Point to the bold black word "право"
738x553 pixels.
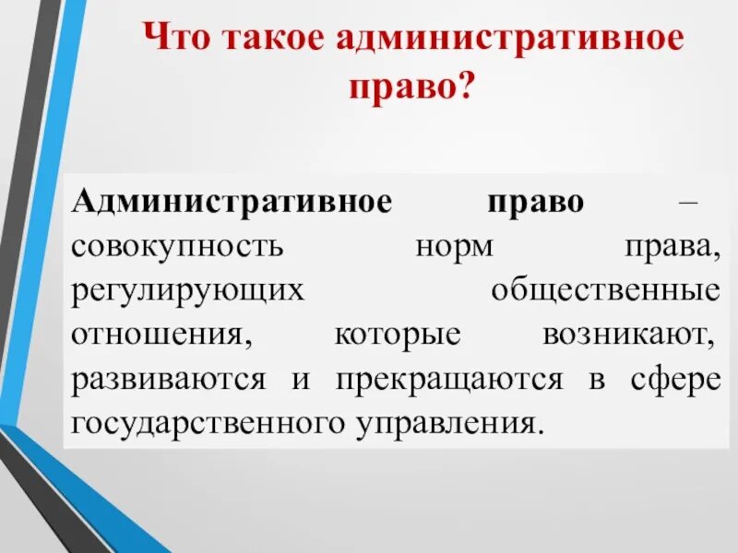click(538, 201)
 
